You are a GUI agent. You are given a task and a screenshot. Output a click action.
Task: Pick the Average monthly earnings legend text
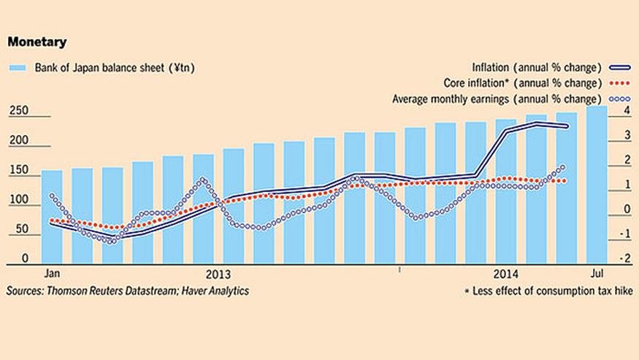tap(497, 98)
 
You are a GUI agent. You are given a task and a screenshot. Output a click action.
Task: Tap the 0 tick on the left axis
tap(25, 258)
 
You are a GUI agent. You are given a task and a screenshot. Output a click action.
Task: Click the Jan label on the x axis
tap(51, 274)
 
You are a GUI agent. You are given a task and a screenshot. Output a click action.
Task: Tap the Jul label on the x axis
tap(597, 274)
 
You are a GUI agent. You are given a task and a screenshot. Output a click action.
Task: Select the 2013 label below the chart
tap(218, 275)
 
